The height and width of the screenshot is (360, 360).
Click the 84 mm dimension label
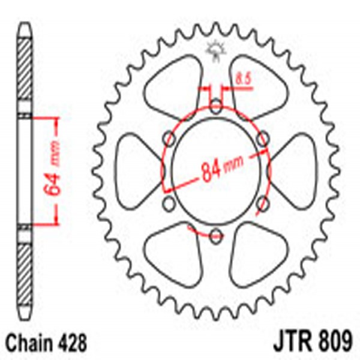click(215, 170)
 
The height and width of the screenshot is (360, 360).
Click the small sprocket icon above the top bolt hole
click(214, 50)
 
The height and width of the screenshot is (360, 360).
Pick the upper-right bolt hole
click(262, 140)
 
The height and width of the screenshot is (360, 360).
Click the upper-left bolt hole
click(170, 140)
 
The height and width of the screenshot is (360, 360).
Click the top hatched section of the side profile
click(25, 72)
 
